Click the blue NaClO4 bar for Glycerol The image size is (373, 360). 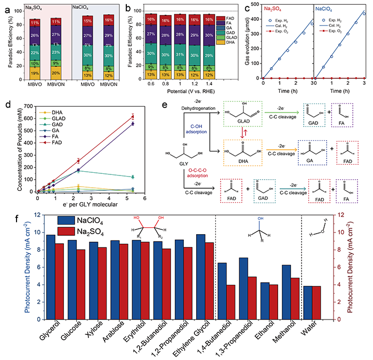tap(51, 277)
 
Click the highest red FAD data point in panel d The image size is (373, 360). tap(148, 117)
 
